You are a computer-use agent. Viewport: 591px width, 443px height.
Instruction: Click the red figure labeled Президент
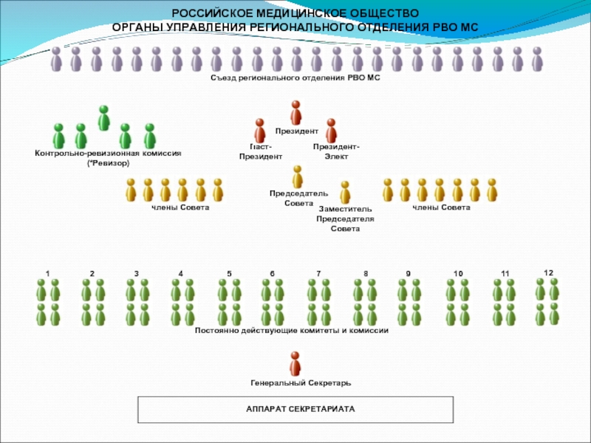pos(295,112)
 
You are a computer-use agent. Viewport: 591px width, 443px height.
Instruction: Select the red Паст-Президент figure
pos(260,131)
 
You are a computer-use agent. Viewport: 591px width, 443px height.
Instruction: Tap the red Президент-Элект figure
pos(331,131)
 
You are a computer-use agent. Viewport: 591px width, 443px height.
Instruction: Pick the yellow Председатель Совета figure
pos(297,176)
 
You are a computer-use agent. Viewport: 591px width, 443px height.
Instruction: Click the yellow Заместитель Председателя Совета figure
pos(345,193)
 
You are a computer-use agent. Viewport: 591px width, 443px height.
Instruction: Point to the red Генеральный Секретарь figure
pos(295,363)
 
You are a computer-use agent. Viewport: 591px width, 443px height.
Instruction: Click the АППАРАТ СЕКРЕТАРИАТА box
pos(295,408)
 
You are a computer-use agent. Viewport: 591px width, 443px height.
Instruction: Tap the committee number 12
pos(548,273)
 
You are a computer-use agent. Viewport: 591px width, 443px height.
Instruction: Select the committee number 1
pos(47,274)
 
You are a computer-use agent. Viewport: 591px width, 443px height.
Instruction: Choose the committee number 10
pos(458,274)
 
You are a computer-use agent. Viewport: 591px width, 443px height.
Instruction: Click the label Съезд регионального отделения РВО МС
pos(295,78)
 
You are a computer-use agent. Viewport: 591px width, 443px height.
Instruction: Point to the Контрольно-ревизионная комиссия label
pos(108,154)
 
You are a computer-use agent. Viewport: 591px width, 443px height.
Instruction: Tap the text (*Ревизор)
pos(108,162)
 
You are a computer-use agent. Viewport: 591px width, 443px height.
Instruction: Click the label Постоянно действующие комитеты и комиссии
pos(292,330)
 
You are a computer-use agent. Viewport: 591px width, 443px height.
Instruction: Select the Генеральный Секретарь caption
pos(295,383)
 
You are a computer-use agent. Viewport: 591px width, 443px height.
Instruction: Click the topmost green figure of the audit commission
pos(104,117)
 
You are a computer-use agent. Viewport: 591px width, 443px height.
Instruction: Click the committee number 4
pos(181,274)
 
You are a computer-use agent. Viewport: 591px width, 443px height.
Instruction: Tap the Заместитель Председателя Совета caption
pos(345,219)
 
